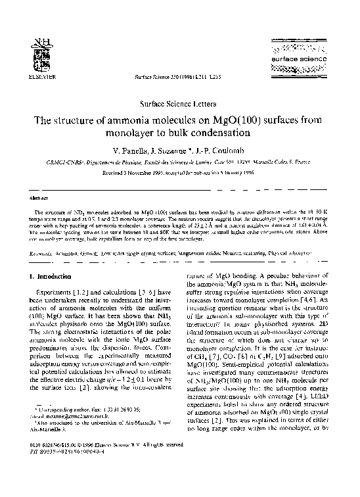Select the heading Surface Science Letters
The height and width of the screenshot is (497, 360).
[179, 105]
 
